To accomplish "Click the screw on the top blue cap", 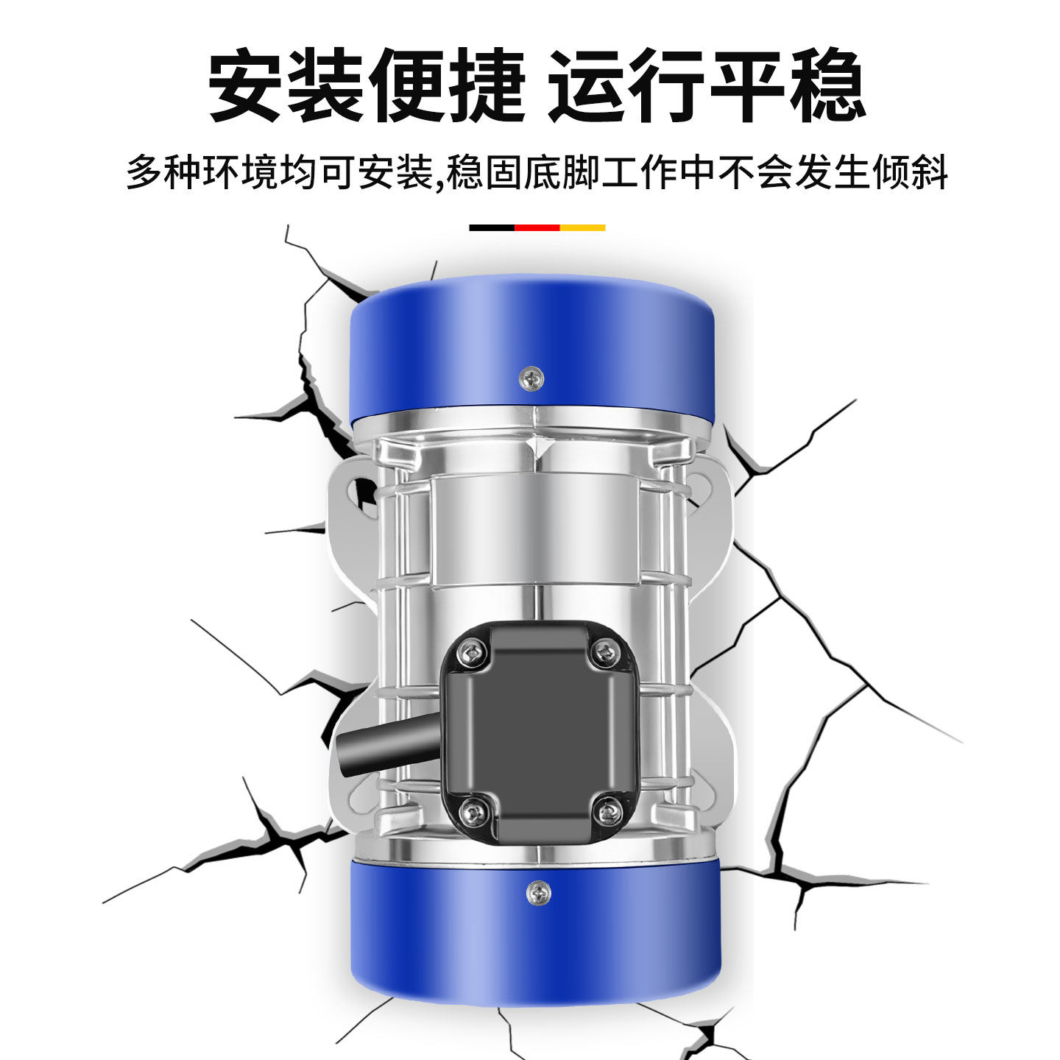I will point(531,379).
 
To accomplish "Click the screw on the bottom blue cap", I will point(539,893).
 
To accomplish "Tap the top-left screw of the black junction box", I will point(472,652).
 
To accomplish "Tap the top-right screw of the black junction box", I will point(605,651).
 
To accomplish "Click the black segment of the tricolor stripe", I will point(492,228).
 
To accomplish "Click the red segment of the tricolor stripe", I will point(537,228).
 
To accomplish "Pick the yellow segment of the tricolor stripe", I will point(583,228).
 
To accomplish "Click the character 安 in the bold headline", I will point(247,85).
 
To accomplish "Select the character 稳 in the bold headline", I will point(827,85).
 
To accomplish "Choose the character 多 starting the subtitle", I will point(145,172).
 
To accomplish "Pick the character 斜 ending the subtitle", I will point(929,172).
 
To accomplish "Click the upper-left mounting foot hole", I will point(362,490).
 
